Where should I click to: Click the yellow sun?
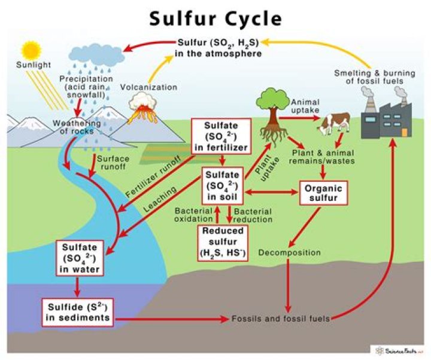click(31, 50)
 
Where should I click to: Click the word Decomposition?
click(290, 252)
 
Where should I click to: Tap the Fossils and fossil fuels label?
click(281, 319)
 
